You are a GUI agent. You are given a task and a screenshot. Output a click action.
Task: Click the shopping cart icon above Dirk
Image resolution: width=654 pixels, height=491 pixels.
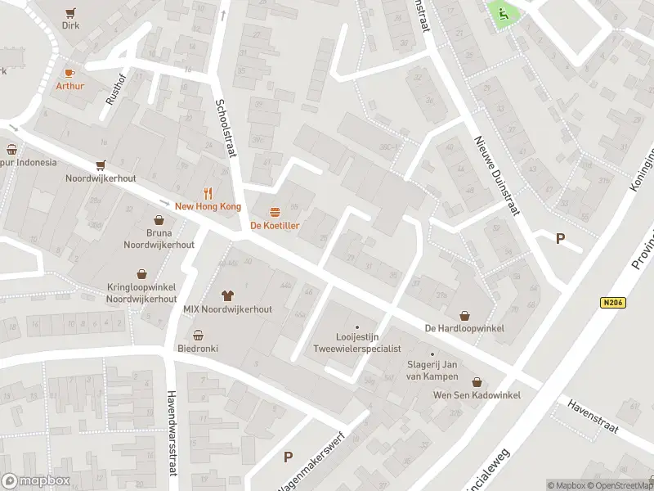click(x=70, y=12)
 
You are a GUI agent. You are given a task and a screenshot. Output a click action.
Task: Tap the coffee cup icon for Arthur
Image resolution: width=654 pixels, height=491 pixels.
click(x=69, y=73)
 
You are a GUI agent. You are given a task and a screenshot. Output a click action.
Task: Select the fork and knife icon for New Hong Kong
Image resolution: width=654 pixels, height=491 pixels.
click(x=208, y=194)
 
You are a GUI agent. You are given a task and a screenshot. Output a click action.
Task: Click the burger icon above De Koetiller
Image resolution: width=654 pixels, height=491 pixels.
click(x=274, y=212)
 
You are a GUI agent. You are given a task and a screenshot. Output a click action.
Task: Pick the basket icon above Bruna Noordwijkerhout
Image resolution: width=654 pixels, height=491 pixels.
click(x=159, y=219)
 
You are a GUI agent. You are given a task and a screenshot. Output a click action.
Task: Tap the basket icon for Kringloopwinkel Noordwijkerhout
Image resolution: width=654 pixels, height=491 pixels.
click(x=142, y=274)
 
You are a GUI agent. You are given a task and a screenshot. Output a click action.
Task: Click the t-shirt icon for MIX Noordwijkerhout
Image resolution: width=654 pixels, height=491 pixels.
click(x=227, y=295)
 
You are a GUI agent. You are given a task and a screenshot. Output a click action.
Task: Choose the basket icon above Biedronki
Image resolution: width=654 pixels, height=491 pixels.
click(x=198, y=335)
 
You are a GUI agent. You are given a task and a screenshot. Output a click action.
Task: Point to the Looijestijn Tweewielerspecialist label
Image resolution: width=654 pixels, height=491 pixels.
click(x=356, y=342)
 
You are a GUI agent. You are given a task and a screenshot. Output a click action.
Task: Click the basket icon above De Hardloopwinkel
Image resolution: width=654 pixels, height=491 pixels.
click(x=464, y=315)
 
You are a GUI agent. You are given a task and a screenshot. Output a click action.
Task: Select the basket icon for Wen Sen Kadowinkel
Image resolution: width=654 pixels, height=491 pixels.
click(x=477, y=381)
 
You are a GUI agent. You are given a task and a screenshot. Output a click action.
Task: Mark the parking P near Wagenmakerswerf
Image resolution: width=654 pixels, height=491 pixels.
click(x=287, y=457)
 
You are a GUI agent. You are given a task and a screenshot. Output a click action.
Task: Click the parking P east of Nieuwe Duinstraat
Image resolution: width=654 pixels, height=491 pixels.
click(x=560, y=239)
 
